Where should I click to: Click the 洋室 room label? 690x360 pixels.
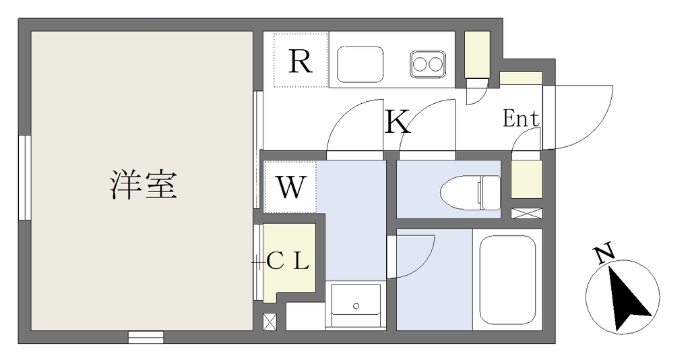(x=143, y=185)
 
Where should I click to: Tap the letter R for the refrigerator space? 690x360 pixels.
(x=301, y=61)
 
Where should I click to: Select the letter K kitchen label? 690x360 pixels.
(x=398, y=121)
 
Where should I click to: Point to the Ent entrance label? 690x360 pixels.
(x=521, y=119)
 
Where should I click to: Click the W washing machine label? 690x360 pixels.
(x=291, y=187)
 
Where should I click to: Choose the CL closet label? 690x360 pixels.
(x=288, y=262)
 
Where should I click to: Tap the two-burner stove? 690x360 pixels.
(x=427, y=65)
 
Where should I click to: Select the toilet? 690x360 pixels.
(x=470, y=192)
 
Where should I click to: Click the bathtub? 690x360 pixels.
(x=507, y=280)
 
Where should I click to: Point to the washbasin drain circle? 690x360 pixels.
(x=356, y=306)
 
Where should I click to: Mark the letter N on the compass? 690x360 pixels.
(x=604, y=254)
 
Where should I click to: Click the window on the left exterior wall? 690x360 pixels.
(x=25, y=177)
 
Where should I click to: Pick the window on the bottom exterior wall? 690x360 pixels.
(x=146, y=337)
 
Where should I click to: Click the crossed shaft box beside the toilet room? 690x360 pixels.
(x=527, y=213)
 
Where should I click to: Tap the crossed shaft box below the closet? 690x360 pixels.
(x=270, y=322)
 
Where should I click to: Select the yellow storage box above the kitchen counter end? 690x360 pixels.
(x=478, y=54)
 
